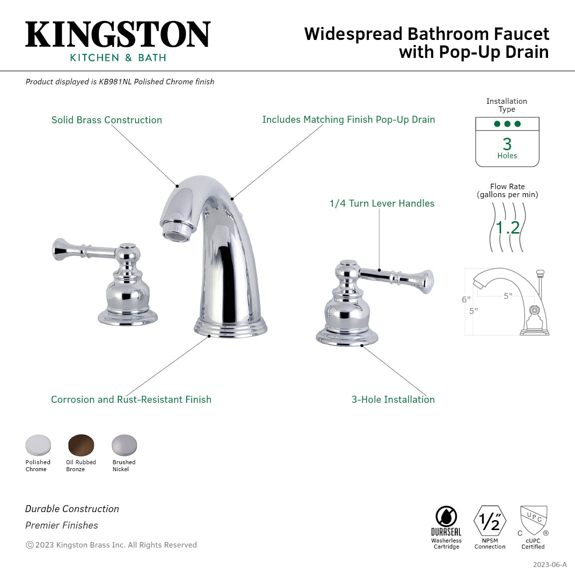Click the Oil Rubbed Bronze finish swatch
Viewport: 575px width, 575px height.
click(x=81, y=445)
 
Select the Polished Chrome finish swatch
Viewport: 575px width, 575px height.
click(x=38, y=445)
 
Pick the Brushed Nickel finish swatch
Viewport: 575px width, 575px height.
click(x=124, y=445)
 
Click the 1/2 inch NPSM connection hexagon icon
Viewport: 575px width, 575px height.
click(x=490, y=521)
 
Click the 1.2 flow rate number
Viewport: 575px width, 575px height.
click(x=508, y=228)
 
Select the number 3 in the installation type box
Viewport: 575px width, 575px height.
click(x=507, y=144)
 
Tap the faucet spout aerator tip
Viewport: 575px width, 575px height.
click(x=177, y=234)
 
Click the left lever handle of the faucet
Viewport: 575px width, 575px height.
click(x=85, y=250)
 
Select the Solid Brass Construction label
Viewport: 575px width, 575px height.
click(x=107, y=120)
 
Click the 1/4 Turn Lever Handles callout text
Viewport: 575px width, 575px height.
click(x=382, y=203)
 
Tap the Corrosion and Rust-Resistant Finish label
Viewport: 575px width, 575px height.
click(x=131, y=399)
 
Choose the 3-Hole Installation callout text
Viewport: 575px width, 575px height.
click(x=393, y=399)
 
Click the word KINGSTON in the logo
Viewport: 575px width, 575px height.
click(x=118, y=35)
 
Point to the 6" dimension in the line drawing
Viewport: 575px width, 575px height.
click(x=466, y=299)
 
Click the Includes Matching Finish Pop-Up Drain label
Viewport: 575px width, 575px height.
click(x=348, y=119)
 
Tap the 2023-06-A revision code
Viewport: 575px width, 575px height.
click(x=550, y=565)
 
